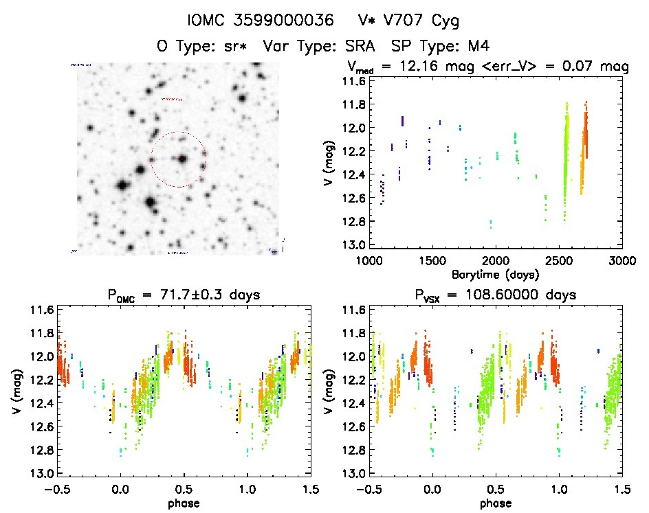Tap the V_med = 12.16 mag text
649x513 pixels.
pyautogui.click(x=414, y=67)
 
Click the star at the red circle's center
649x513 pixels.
pyautogui.click(x=183, y=159)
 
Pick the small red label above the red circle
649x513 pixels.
pyautogui.click(x=172, y=99)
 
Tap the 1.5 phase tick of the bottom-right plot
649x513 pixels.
pyautogui.click(x=621, y=488)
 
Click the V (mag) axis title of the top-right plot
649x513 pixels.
pyautogui.click(x=329, y=163)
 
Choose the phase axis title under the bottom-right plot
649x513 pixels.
pyautogui.click(x=495, y=502)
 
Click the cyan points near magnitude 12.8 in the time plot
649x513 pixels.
pyautogui.click(x=491, y=224)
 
